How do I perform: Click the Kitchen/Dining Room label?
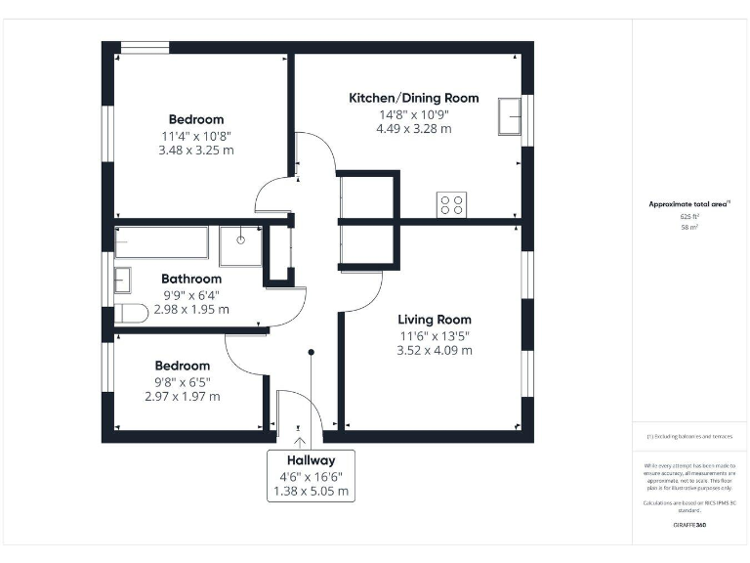tap(414, 98)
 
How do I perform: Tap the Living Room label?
tap(434, 320)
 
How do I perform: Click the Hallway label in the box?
tap(311, 460)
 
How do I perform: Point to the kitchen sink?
tap(509, 117)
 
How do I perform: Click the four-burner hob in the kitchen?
tap(451, 204)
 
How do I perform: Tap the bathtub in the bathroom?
tap(161, 241)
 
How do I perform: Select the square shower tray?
tap(239, 246)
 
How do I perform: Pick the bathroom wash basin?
tap(122, 280)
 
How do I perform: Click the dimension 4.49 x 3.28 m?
tap(414, 128)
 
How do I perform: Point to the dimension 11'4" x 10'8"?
tap(195, 136)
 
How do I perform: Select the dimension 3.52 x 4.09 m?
tap(434, 350)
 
